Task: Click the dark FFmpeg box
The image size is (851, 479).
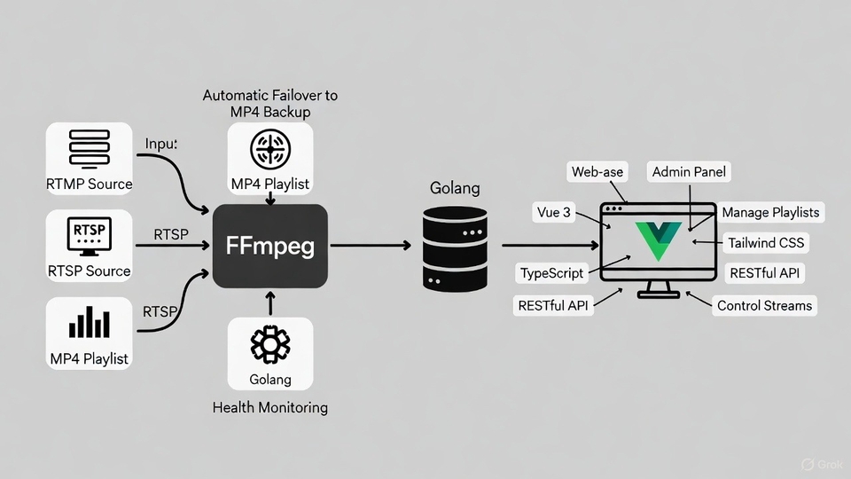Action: (270, 246)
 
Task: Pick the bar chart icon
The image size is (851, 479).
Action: (89, 324)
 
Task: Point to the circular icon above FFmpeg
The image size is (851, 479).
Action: (270, 148)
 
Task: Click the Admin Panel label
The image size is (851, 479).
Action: (691, 172)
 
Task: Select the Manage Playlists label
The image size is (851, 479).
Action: (770, 213)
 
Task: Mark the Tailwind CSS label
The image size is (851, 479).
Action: (767, 242)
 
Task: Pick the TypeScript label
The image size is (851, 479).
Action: (552, 272)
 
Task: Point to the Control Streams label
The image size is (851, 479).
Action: (764, 305)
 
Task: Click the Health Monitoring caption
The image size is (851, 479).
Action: (270, 408)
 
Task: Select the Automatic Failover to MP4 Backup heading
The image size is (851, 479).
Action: (270, 103)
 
